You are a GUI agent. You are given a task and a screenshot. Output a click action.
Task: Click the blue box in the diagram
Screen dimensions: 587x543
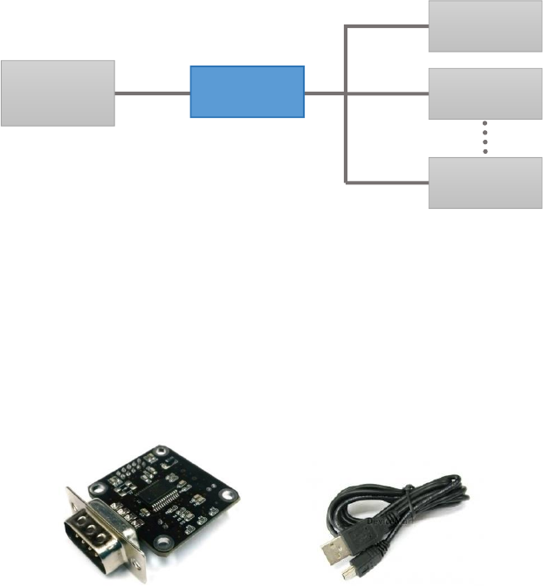pos(247,92)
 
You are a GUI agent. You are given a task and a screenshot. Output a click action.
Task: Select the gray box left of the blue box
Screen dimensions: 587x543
pos(58,93)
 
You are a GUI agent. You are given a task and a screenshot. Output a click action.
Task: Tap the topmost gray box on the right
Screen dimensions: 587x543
pos(485,26)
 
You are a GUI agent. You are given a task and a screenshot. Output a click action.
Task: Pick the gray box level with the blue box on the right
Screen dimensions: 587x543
pos(485,93)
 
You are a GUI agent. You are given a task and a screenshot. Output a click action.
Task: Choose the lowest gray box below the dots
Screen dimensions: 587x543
pos(485,183)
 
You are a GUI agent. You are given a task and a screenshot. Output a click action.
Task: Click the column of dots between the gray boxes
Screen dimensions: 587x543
pos(485,138)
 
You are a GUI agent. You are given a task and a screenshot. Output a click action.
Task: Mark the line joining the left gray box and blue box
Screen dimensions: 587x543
pos(153,93)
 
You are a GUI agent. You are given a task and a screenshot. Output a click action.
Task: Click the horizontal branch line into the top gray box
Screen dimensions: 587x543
pos(388,26)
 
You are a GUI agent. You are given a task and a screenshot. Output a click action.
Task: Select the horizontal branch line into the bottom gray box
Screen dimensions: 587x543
pos(388,183)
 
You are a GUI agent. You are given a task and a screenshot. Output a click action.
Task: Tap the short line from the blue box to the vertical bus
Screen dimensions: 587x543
pos(325,93)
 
